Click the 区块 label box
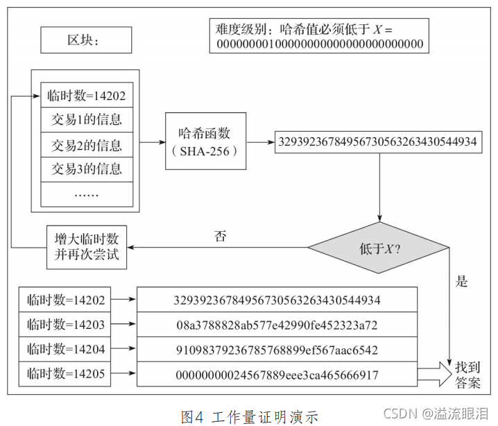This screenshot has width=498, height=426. [86, 40]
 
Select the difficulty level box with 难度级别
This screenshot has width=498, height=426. [319, 36]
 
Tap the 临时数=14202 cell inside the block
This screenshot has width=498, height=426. [86, 96]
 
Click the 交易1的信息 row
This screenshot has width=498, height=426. [86, 120]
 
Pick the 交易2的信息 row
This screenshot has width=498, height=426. [86, 145]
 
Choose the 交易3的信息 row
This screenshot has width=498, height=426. [86, 169]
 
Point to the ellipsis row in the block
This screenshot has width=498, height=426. [86, 194]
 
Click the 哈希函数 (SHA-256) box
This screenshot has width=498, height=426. [205, 142]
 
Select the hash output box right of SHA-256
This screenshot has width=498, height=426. [377, 142]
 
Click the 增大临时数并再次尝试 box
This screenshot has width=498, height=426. [87, 246]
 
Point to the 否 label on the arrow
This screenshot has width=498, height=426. [220, 236]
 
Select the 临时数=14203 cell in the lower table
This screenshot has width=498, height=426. [66, 325]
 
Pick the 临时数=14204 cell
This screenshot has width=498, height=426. [66, 350]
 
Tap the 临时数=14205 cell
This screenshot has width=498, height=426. [66, 374]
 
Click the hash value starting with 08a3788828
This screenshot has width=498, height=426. [277, 325]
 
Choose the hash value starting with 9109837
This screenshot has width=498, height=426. [277, 350]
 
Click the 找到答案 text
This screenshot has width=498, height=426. [467, 373]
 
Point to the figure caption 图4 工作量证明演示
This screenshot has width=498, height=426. [249, 416]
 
